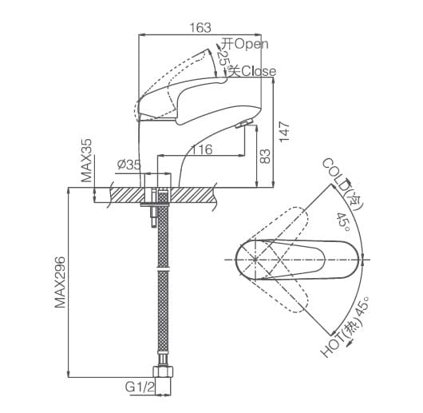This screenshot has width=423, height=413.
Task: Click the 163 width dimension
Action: coord(201,28)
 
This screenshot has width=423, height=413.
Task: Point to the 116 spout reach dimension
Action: coord(201,149)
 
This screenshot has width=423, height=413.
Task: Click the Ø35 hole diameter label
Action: coord(128,165)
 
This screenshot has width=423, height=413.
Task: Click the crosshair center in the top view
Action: coord(255,259)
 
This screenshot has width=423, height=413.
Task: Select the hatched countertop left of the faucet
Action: coord(120,194)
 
